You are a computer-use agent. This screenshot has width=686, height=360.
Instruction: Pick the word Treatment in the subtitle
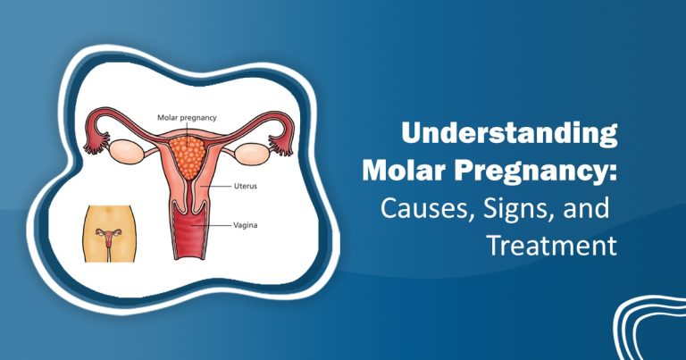point(552,247)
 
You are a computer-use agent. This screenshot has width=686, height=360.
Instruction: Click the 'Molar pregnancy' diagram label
point(188,117)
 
